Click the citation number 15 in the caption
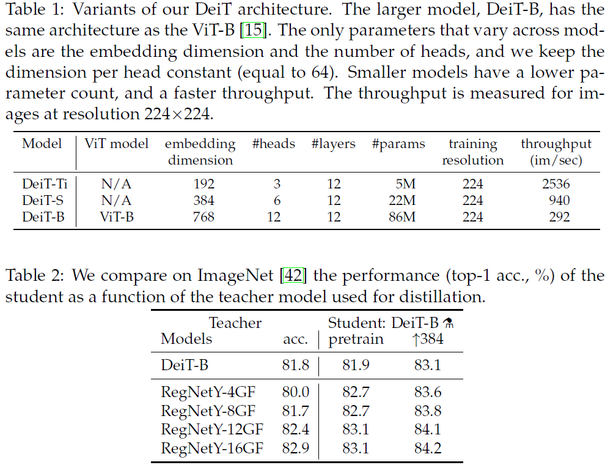[254, 30]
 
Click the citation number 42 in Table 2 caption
[293, 275]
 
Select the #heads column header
[274, 144]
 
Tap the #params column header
[398, 144]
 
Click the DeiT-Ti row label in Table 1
[45, 184]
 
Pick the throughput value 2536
[555, 184]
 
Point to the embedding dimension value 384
[204, 201]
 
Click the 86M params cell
[402, 217]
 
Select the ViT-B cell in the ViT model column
[117, 217]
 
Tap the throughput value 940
[559, 201]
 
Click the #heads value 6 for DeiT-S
[277, 201]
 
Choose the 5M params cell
[406, 184]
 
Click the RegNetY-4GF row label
[208, 392]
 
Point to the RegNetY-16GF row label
[212, 448]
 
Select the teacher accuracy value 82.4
[296, 430]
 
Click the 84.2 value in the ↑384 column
[428, 448]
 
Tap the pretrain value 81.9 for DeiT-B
[356, 365]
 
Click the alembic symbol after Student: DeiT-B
[447, 323]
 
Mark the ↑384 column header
[428, 339]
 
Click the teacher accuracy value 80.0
[296, 392]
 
